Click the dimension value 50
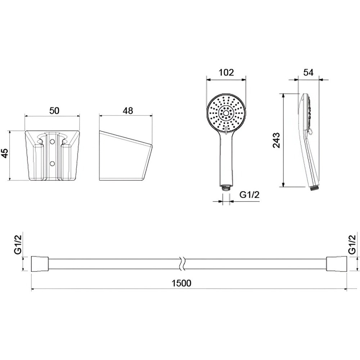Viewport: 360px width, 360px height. (54, 111)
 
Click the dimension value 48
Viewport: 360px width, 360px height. (128, 111)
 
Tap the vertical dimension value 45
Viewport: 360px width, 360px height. (5, 153)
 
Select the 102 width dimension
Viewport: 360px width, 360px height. (226, 73)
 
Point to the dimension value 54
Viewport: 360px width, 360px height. (309, 73)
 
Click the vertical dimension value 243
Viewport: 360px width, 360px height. (276, 140)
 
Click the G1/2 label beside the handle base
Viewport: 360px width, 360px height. (249, 195)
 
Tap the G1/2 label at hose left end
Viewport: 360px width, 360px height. (18, 244)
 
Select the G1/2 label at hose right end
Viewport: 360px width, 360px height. (352, 244)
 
